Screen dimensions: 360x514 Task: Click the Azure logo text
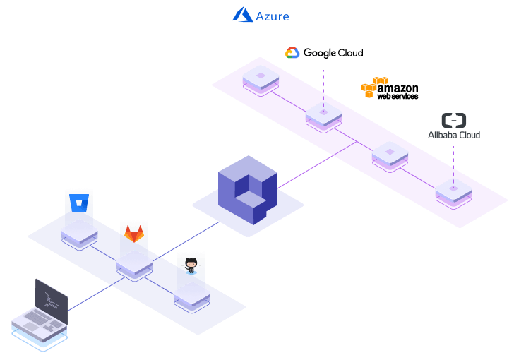273,16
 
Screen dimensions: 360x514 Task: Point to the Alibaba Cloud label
454,134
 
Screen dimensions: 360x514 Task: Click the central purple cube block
247,188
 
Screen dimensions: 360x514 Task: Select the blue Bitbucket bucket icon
78,203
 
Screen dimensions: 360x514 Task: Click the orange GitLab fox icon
134,234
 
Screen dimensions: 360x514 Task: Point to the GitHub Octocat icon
191,265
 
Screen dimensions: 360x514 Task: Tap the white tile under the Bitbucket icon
79,229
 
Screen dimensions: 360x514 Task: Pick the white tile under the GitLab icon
134,261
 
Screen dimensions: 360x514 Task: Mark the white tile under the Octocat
191,292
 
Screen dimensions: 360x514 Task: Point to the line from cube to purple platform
318,164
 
